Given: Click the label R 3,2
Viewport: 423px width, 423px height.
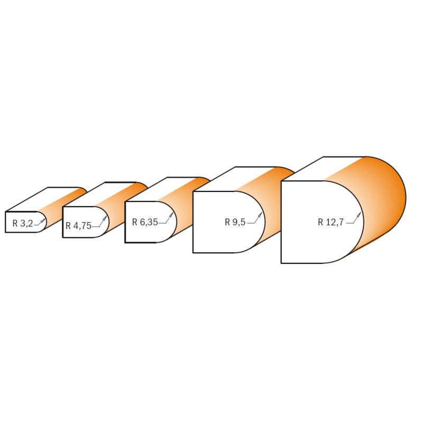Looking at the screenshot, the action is coord(23,223).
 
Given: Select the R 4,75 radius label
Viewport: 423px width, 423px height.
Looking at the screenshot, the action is coord(78,226).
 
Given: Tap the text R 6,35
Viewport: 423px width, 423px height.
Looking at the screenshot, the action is coord(145,222).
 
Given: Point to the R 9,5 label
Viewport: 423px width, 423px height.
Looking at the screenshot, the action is coord(235,222).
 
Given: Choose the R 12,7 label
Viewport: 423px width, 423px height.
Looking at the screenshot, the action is coord(330,222).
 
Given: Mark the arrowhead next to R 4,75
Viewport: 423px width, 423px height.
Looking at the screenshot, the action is coord(105,218).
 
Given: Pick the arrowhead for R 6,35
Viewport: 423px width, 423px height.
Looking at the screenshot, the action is coord(171,215).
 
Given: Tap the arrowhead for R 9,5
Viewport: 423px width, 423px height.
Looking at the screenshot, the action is coord(260,215).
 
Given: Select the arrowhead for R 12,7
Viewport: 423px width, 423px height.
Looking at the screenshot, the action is coord(359,215).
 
